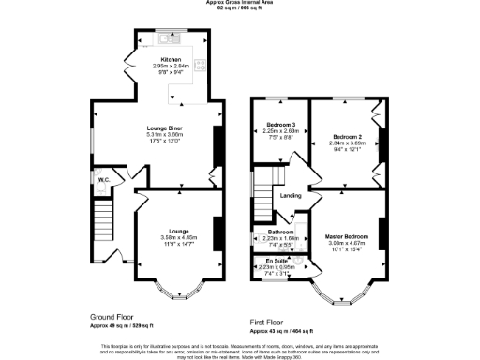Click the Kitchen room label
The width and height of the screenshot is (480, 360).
tap(171, 59)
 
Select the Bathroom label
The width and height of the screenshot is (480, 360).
tap(282, 232)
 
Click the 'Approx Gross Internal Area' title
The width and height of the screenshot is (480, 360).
tap(240, 3)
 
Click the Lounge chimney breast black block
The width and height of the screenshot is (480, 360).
tap(217, 231)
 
